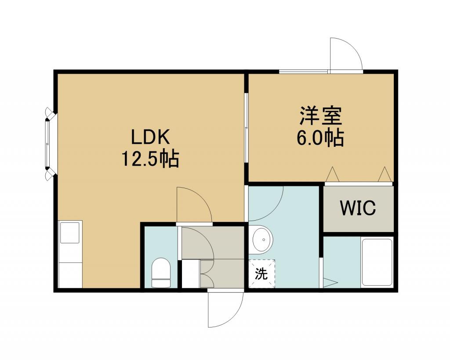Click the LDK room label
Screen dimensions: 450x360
point(151,137)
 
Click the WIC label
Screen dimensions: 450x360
point(358,208)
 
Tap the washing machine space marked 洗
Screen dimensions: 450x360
point(262,273)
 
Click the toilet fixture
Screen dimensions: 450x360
point(161,273)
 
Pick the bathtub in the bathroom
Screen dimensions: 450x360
point(377,262)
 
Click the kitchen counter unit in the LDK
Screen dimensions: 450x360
point(70,254)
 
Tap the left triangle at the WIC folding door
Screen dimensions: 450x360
point(332,174)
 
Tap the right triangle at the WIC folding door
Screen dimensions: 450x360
point(385,174)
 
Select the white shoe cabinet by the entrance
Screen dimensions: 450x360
point(191,273)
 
